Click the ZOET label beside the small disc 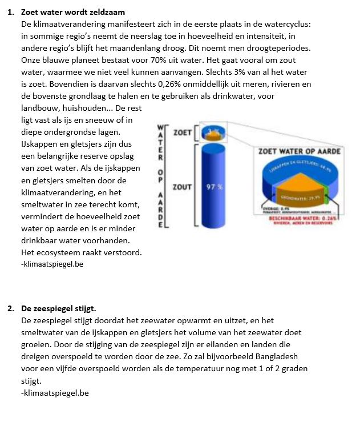183,133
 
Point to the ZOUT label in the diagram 182,187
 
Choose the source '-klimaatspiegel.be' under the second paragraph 54,393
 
